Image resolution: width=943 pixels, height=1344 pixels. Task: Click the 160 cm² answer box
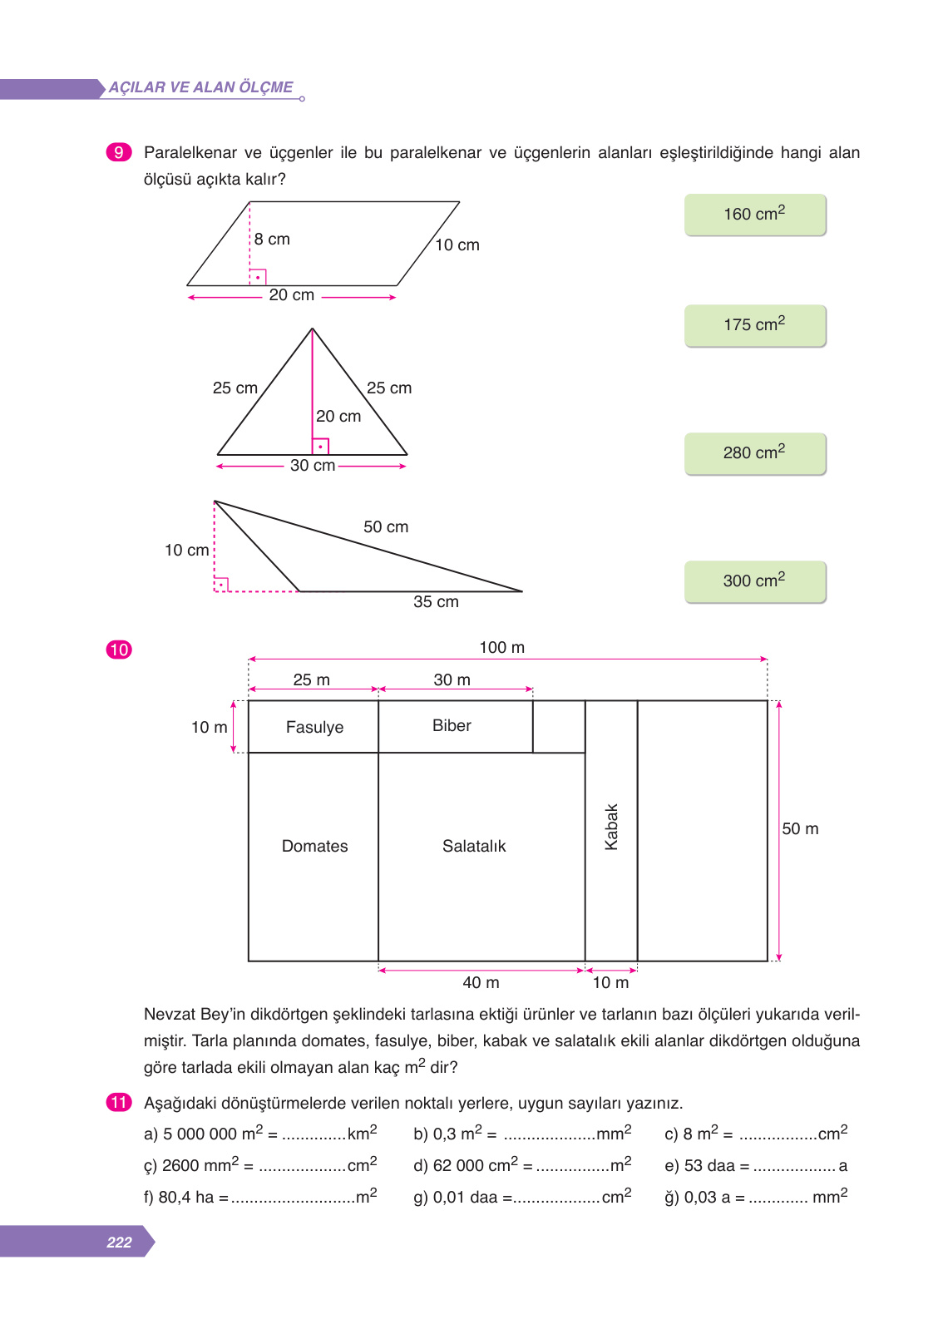[x=755, y=215]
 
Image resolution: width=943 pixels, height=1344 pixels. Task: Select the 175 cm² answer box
[x=755, y=325]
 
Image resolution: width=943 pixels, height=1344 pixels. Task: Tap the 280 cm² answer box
[x=755, y=453]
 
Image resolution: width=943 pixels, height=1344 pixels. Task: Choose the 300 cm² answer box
[x=755, y=581]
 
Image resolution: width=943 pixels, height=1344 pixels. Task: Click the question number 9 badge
[x=119, y=152]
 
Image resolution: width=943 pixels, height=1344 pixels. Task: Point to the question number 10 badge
[x=119, y=650]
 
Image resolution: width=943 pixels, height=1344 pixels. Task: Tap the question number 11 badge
[x=119, y=1103]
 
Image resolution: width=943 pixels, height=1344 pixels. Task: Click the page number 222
[x=119, y=1243]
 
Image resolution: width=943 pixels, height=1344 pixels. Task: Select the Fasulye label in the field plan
[x=314, y=728]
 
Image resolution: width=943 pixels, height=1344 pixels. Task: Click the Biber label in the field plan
[x=452, y=726]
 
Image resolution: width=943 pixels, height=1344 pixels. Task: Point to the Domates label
[x=314, y=847]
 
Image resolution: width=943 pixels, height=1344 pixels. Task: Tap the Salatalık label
[x=474, y=847]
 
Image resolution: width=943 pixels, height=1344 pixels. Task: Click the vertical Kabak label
[x=611, y=827]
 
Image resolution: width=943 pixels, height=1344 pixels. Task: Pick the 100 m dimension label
[x=501, y=648]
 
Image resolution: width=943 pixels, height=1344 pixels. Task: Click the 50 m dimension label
[x=800, y=829]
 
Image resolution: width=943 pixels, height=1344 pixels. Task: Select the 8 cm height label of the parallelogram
[x=272, y=240]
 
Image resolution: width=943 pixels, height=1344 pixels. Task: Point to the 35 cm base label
[x=436, y=602]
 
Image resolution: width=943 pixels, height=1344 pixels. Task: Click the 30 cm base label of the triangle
[x=313, y=466]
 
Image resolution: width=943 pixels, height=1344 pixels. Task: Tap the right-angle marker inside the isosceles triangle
[x=320, y=447]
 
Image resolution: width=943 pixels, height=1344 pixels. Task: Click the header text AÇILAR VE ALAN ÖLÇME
[x=200, y=87]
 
